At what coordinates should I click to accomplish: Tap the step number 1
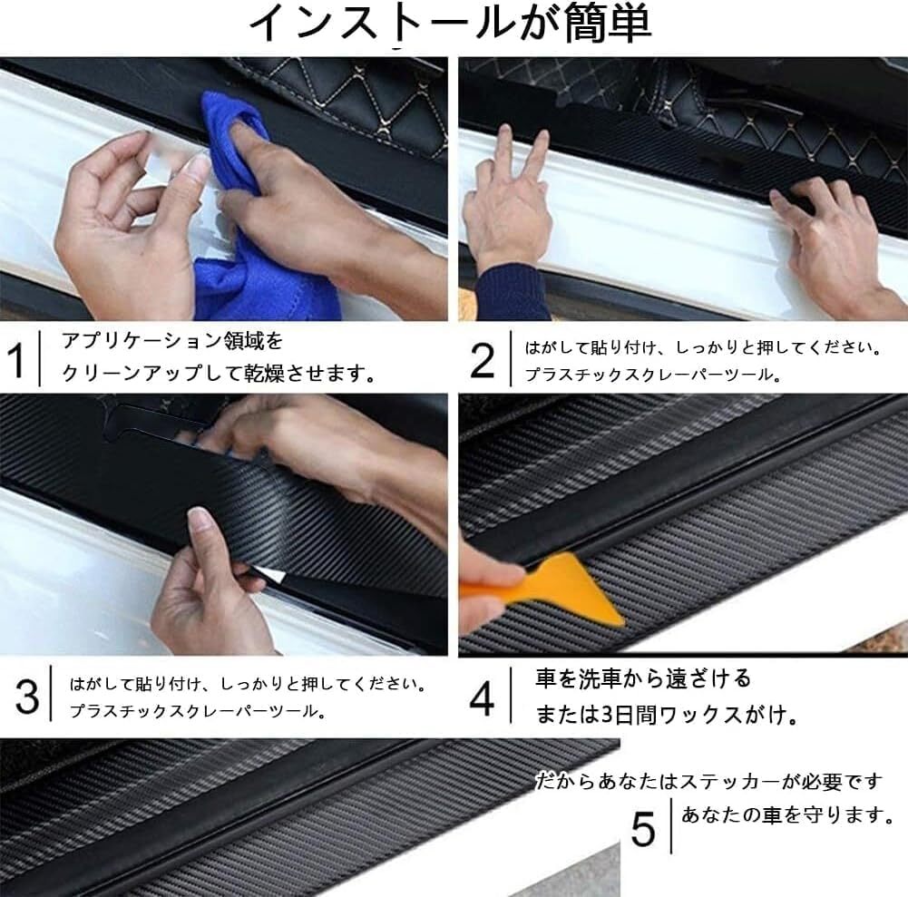(15, 358)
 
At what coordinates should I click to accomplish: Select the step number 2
(483, 360)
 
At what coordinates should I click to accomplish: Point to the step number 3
(27, 696)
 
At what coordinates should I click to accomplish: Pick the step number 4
(482, 699)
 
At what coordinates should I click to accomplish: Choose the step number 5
(643, 829)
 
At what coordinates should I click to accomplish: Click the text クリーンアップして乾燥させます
(219, 373)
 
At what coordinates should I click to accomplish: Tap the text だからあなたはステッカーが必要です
(708, 781)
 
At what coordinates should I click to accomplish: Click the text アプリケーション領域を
(172, 341)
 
